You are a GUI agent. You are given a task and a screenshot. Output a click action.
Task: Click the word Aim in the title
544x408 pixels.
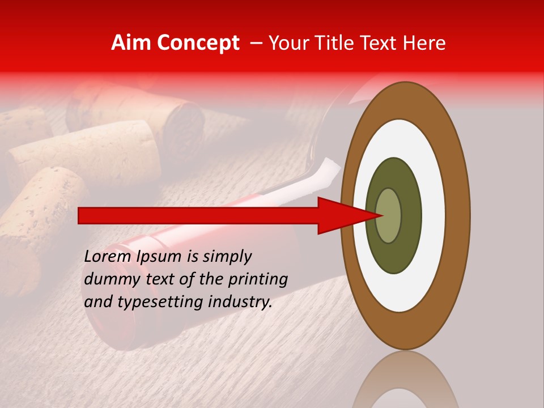(131, 43)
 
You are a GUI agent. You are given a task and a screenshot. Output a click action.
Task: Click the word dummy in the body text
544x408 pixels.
(108, 279)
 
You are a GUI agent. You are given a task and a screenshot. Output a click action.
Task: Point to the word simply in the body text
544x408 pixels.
(226, 257)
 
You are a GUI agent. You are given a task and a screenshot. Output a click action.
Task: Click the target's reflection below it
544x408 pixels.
(405, 382)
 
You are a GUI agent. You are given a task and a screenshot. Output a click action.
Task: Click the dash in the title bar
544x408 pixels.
(256, 43)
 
